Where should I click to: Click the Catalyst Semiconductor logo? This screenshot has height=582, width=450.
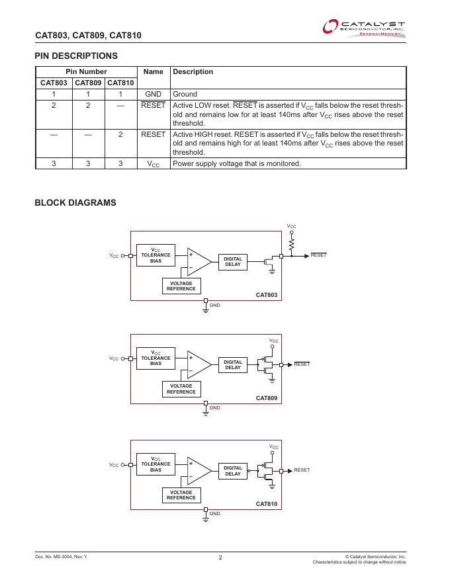[x=363, y=28]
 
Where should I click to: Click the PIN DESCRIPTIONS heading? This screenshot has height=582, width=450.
[x=76, y=56]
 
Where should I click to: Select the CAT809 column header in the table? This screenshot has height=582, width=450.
[x=87, y=83]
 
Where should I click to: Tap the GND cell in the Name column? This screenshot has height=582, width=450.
[x=153, y=94]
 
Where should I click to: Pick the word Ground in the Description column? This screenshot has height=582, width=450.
[x=185, y=94]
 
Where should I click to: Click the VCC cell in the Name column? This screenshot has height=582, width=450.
[x=153, y=163]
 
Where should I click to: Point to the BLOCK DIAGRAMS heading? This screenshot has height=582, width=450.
[x=75, y=203]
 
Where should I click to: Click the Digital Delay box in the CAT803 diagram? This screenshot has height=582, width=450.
[x=233, y=261]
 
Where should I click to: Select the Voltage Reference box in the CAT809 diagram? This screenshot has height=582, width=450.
[x=181, y=389]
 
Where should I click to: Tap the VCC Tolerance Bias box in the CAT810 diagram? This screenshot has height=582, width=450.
[x=156, y=464]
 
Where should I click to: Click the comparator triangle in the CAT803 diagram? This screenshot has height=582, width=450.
[x=198, y=261]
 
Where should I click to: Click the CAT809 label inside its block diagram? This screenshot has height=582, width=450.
[x=267, y=398]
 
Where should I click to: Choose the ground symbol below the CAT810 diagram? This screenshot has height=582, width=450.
[x=206, y=519]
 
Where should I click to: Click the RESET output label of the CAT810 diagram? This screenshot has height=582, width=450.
[x=302, y=470]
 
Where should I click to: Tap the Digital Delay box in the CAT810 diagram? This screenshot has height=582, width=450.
[x=233, y=470]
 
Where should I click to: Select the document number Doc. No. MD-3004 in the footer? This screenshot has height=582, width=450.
[x=61, y=557]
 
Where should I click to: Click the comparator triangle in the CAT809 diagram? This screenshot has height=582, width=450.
[x=198, y=364]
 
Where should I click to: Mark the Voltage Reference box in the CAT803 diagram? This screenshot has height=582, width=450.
[x=181, y=286]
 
